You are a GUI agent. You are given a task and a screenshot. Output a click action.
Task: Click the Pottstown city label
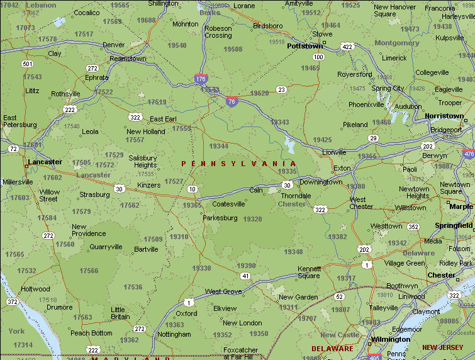pyautogui.click(x=305, y=46)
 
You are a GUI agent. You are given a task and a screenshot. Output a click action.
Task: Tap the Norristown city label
pyautogui.click(x=444, y=116)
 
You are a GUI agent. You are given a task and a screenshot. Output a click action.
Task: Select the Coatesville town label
pyautogui.click(x=228, y=204)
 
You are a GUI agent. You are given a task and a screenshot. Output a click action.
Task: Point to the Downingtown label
pyautogui.click(x=321, y=182)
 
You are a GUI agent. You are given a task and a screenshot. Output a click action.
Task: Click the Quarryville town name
pyautogui.click(x=106, y=247)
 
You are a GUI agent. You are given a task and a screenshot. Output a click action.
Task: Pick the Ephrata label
pyautogui.click(x=96, y=77)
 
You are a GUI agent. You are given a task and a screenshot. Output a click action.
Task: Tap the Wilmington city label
pyautogui.click(x=390, y=339)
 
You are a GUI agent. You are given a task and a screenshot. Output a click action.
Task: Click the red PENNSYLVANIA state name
pyautogui.click(x=238, y=164)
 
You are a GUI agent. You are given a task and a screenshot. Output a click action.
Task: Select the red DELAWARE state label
pyautogui.click(x=332, y=349)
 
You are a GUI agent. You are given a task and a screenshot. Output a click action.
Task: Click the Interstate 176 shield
pyautogui.click(x=201, y=79)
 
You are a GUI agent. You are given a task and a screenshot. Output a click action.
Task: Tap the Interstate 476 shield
pyautogui.click(x=469, y=154)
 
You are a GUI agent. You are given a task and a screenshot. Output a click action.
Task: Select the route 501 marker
pyautogui.click(x=27, y=64)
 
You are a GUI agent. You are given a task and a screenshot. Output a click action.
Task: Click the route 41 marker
pyautogui.click(x=245, y=276)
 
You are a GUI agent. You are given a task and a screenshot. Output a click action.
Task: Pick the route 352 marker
pyautogui.click(x=413, y=227)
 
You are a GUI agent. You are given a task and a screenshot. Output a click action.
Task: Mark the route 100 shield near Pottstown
pyautogui.click(x=318, y=57)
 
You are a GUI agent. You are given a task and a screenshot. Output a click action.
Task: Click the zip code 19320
pyautogui.click(x=252, y=219)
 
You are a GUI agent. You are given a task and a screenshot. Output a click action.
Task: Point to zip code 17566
pyautogui.click(x=89, y=271)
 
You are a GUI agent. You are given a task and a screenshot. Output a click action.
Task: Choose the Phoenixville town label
pyautogui.click(x=366, y=104)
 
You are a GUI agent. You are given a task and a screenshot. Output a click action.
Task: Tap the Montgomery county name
pyautogui.click(x=396, y=43)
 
